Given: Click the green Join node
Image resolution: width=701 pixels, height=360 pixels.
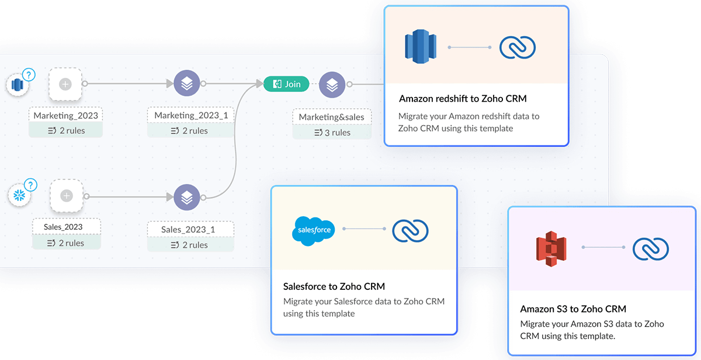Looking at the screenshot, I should point(286,84).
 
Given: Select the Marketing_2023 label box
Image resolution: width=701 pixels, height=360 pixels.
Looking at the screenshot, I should point(65,115).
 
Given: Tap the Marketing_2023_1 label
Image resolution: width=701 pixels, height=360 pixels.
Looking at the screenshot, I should point(190,115).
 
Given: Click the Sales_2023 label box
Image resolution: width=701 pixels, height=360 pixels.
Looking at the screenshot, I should point(64,227).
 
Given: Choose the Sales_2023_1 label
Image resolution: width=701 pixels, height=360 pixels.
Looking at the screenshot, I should point(188,230).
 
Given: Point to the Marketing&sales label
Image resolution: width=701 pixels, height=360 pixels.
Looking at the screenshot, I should point(331,117).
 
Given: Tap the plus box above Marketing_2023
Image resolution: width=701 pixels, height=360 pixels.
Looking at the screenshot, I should point(65,85).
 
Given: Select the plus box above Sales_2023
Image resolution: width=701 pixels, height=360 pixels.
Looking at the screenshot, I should point(67,196).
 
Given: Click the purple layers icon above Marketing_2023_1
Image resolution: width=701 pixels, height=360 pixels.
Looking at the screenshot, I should point(186,84).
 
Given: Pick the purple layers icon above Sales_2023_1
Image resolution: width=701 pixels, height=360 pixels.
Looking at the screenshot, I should point(186,198).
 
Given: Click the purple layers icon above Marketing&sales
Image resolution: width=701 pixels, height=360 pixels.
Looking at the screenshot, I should point(332,85).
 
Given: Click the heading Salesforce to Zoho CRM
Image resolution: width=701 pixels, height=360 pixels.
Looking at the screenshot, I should point(334,286).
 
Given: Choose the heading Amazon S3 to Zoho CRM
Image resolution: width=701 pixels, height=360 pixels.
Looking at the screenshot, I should point(573,309).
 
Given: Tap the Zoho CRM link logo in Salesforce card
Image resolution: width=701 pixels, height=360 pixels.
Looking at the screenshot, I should point(411,230).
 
